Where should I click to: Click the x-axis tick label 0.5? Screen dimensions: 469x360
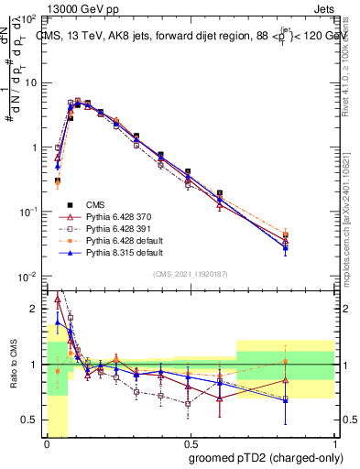[190, 444]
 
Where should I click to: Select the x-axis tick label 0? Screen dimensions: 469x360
[46, 444]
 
